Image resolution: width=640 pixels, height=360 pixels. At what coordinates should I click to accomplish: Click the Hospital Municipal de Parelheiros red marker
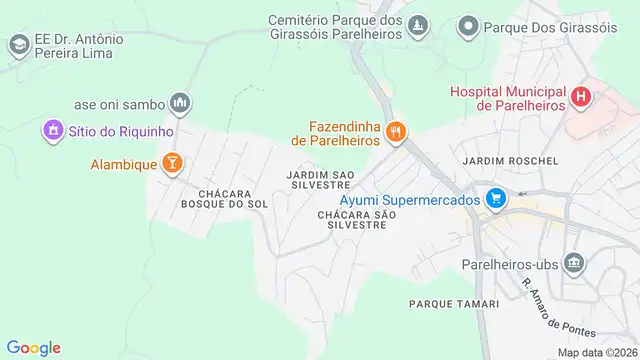coord(580,98)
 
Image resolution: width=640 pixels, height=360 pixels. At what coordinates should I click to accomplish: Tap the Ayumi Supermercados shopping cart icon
coord(493,200)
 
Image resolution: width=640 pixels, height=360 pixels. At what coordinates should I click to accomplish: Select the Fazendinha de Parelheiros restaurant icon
coord(397,132)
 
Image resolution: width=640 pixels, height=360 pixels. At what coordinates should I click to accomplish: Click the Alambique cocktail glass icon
coord(171,162)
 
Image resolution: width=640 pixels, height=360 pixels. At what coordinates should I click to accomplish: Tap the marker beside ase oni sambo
coord(180,102)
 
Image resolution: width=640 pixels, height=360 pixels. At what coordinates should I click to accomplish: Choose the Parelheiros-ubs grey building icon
coord(574,265)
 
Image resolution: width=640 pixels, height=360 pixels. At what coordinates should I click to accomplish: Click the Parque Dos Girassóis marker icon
coord(467,26)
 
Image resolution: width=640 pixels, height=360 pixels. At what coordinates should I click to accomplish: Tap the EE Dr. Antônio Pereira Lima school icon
coord(18,45)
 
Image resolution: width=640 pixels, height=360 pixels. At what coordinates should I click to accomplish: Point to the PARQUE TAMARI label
coord(446,301)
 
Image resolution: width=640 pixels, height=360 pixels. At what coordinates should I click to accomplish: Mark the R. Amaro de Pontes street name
coord(557,305)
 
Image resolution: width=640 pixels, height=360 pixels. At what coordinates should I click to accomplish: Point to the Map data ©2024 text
coord(597,352)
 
